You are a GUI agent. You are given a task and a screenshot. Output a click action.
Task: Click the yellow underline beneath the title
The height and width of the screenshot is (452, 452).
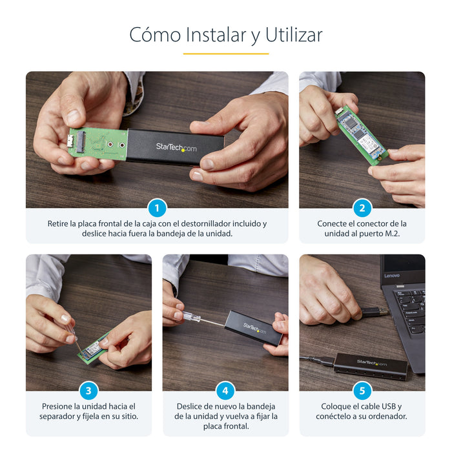pos(225,54)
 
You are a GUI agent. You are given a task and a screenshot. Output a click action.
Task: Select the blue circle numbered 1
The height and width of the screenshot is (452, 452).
pos(157,208)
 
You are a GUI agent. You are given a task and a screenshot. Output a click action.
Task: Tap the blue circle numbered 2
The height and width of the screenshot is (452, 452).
pos(362,208)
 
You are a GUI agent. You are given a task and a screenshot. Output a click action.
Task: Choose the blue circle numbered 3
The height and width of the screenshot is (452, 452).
pos(88,391)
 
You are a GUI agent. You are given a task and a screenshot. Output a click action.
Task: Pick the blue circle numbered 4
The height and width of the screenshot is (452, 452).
pos(225,391)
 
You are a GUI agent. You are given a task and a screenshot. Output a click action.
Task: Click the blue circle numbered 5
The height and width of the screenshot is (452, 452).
pos(362,391)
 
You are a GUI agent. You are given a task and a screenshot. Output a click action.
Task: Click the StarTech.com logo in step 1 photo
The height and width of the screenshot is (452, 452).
pos(176,147)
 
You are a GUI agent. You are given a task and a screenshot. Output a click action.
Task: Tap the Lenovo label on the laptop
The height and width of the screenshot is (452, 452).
pos(392,276)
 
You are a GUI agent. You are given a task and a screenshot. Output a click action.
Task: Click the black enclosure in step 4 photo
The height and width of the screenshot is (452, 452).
pos(253,327)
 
